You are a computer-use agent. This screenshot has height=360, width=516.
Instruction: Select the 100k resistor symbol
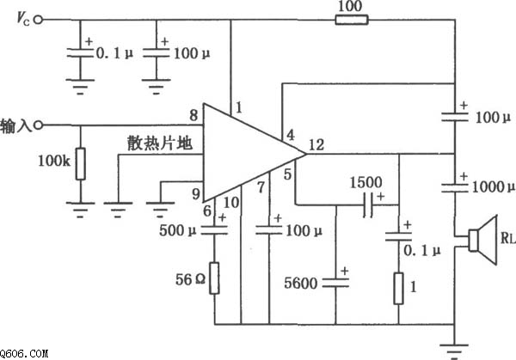pyautogui.click(x=80, y=163)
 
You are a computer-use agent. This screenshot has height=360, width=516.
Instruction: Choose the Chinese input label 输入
pyautogui.click(x=16, y=125)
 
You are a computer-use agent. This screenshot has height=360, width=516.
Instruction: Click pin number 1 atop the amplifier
pyautogui.click(x=241, y=107)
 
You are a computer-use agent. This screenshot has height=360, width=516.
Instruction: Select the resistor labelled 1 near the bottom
pyautogui.click(x=398, y=288)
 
